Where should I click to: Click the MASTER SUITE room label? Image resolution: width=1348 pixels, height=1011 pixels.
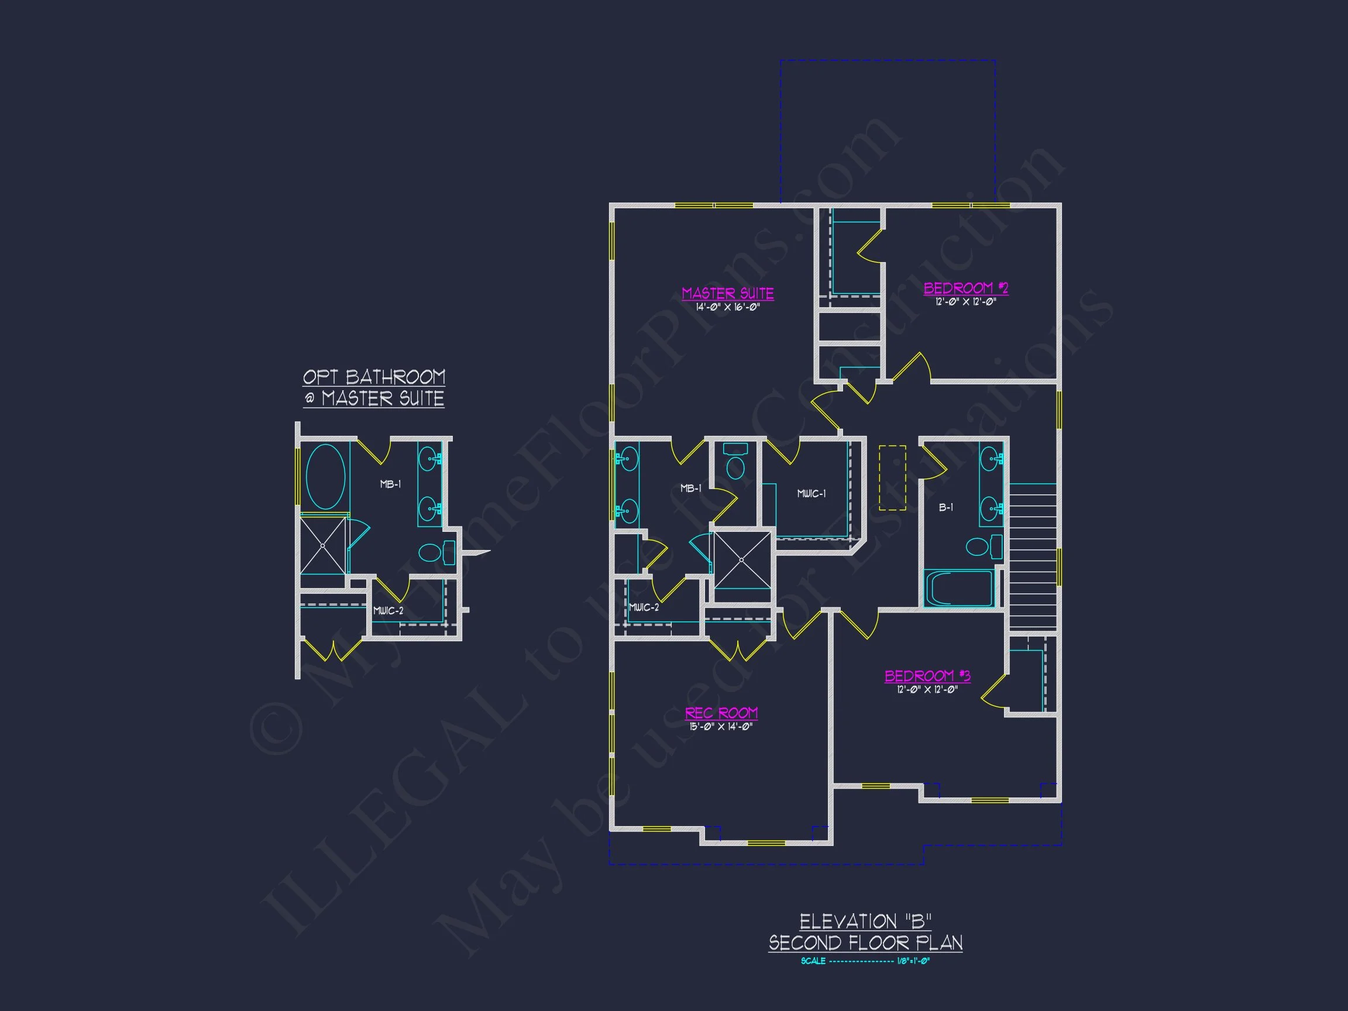[x=728, y=293]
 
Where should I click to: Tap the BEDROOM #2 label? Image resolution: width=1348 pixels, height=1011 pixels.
[x=966, y=288]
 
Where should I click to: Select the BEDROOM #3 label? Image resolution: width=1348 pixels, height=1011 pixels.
[x=927, y=675]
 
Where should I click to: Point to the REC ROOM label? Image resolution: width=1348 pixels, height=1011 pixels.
[x=721, y=713]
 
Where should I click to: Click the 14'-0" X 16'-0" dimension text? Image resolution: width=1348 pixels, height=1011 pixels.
[x=728, y=307]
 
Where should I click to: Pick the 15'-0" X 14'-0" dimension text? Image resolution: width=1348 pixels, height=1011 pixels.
[x=721, y=727]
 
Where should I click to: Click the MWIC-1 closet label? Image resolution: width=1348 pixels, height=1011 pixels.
[x=811, y=494]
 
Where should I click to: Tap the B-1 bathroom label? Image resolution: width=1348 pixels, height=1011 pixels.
[x=946, y=507]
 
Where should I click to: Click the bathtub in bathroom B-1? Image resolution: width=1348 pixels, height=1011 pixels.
[x=958, y=588]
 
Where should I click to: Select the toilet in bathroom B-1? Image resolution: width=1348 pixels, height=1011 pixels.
[x=982, y=546]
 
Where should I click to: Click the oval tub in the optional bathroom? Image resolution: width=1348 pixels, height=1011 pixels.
[x=325, y=477]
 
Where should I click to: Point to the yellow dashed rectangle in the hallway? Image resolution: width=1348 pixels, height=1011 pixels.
[x=892, y=478]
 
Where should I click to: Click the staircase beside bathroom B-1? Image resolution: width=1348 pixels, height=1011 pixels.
[x=1033, y=556]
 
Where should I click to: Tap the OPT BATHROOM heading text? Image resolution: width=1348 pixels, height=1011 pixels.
[x=374, y=377]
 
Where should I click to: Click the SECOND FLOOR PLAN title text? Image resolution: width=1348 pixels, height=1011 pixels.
[x=865, y=943]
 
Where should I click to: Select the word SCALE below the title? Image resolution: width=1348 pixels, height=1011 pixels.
[x=813, y=961]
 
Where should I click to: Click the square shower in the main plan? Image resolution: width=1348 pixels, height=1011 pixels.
[x=742, y=560]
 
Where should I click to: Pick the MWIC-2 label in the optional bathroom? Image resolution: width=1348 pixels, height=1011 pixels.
[x=388, y=611]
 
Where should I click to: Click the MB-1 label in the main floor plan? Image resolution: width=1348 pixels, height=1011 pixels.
[x=690, y=488]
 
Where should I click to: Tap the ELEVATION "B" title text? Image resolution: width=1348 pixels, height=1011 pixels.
[x=865, y=921]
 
